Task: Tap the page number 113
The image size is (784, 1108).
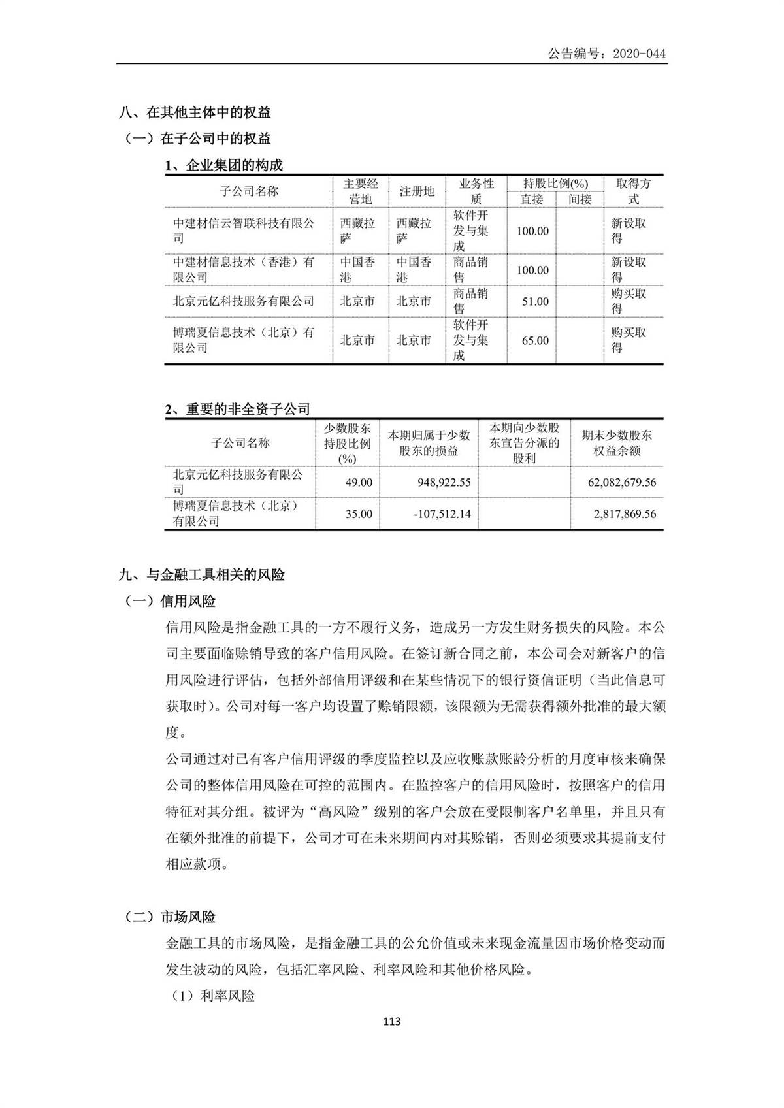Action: tap(392, 1022)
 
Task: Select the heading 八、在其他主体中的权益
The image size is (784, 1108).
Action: tap(195, 112)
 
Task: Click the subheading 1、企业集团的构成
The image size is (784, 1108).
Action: tap(223, 165)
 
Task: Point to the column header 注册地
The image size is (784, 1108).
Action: tap(417, 191)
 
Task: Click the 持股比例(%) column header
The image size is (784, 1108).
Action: tap(555, 184)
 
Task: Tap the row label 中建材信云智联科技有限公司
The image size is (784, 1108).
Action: tap(243, 231)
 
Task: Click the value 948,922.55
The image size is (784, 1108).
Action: tap(444, 483)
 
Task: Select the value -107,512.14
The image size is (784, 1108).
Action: tap(442, 514)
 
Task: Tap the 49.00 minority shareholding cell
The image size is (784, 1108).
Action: tap(359, 483)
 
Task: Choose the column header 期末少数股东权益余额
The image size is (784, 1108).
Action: tap(617, 443)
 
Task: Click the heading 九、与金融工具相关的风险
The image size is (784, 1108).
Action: tap(202, 575)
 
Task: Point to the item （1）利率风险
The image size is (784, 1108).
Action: tap(213, 996)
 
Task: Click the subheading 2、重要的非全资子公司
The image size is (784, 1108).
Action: tap(237, 409)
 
